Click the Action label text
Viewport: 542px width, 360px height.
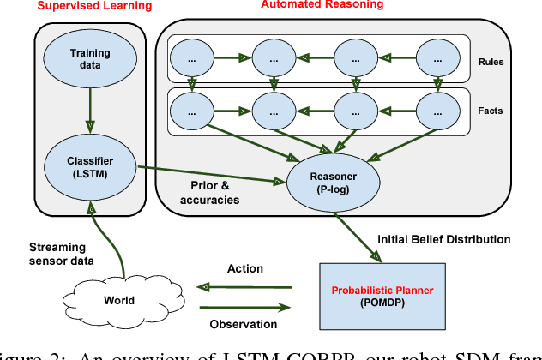pyautogui.click(x=245, y=268)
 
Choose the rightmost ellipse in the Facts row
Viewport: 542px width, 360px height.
pyautogui.click(x=440, y=110)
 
